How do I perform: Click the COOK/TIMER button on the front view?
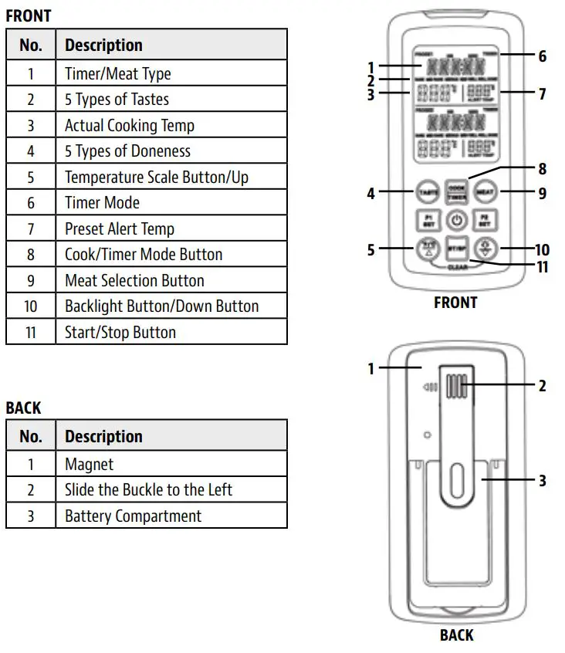point(457,192)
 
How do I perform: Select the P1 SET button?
point(426,220)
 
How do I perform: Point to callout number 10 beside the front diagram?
point(542,250)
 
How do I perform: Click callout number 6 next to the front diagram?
point(542,56)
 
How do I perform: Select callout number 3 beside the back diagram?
point(542,481)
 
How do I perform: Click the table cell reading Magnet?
point(171,464)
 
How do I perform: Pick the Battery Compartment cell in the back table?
point(171,516)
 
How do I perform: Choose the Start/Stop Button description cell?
point(171,332)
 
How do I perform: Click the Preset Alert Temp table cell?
point(171,228)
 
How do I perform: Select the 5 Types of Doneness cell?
point(171,151)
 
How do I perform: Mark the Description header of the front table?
point(171,45)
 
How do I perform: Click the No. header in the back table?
point(31,436)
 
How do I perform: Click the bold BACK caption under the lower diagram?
point(456,635)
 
